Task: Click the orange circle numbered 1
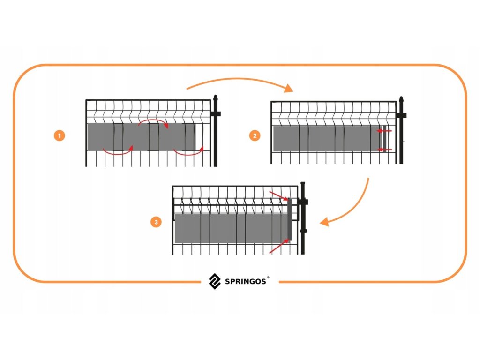59,136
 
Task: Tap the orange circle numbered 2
255,136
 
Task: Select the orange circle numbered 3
156,222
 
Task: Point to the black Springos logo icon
215,280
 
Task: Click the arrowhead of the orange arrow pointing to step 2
288,88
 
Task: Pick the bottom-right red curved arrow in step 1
189,152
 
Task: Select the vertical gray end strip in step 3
290,219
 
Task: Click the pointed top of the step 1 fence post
216,99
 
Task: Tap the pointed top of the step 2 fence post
401,100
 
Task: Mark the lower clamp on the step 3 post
303,231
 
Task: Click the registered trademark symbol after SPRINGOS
268,278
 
